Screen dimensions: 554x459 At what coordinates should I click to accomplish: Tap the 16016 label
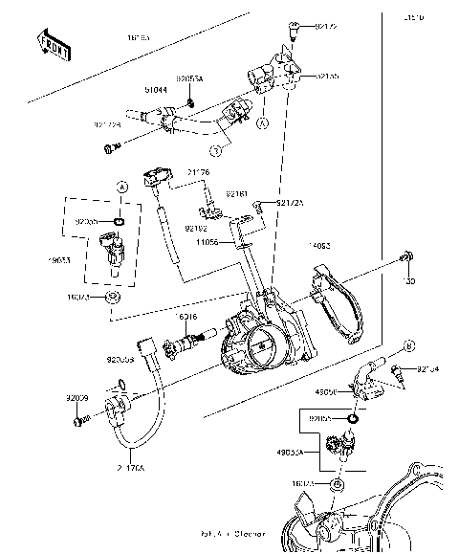pyautogui.click(x=186, y=316)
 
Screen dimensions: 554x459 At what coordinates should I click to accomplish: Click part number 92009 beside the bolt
pyautogui.click(x=77, y=396)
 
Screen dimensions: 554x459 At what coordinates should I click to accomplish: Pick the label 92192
pyautogui.click(x=196, y=228)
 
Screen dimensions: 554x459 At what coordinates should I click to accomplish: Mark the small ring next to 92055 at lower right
pyautogui.click(x=354, y=418)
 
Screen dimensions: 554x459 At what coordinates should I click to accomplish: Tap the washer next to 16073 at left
pyautogui.click(x=115, y=299)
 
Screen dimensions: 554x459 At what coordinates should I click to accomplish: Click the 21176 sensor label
pyautogui.click(x=198, y=172)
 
